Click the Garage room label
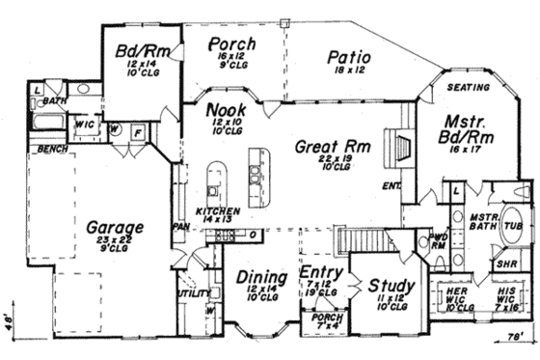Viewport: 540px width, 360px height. (113, 228)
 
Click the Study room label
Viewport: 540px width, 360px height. (391, 286)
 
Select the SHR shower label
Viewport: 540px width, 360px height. (504, 262)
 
